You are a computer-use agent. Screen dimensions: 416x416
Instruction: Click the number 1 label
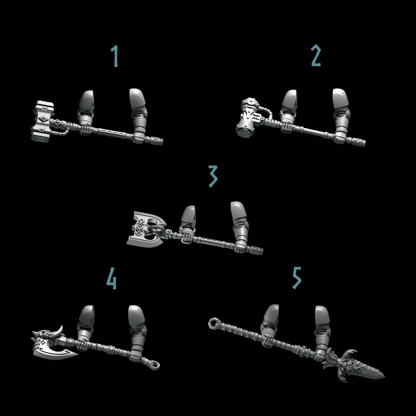point(115,57)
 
